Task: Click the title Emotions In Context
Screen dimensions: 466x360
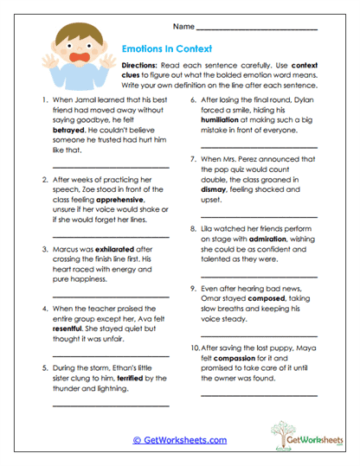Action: (x=164, y=50)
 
